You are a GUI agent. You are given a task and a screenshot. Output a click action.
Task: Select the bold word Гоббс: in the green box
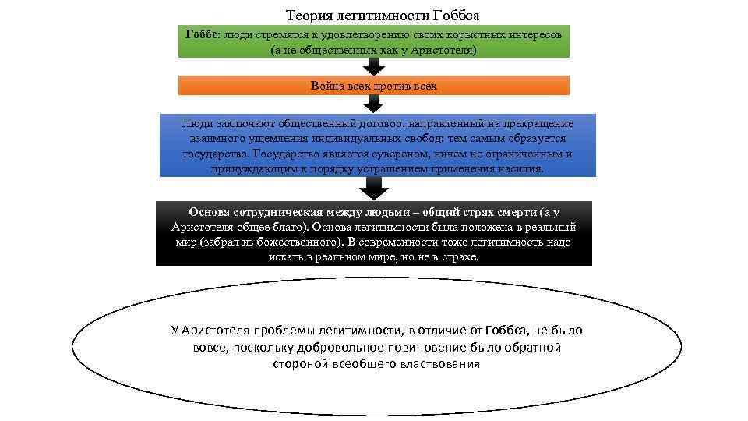[203, 36]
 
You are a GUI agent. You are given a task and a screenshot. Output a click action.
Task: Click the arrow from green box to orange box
[374, 66]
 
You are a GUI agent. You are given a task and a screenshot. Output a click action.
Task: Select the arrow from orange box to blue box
[374, 104]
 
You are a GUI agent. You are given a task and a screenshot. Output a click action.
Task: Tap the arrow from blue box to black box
[374, 188]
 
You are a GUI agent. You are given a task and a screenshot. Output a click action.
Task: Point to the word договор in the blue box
[379, 124]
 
